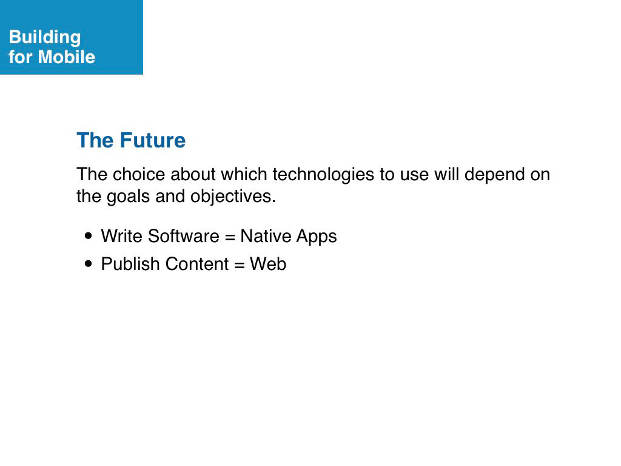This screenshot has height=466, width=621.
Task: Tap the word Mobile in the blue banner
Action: click(x=67, y=56)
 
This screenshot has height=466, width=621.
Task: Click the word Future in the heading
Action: click(x=152, y=140)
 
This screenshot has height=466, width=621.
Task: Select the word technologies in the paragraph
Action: click(x=323, y=174)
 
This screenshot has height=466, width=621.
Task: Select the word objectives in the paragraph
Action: click(x=233, y=197)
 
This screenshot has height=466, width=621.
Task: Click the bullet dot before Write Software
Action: click(x=89, y=236)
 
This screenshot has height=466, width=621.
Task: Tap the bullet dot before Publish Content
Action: click(x=89, y=263)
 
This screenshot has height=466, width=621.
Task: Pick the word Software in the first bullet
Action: click(x=184, y=236)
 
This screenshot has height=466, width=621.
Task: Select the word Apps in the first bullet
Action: click(x=317, y=237)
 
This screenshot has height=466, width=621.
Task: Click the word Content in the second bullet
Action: click(x=197, y=264)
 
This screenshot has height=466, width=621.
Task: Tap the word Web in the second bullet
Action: click(x=268, y=264)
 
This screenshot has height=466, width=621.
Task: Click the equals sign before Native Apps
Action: click(x=230, y=238)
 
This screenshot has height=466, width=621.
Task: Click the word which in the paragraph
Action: click(x=244, y=174)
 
